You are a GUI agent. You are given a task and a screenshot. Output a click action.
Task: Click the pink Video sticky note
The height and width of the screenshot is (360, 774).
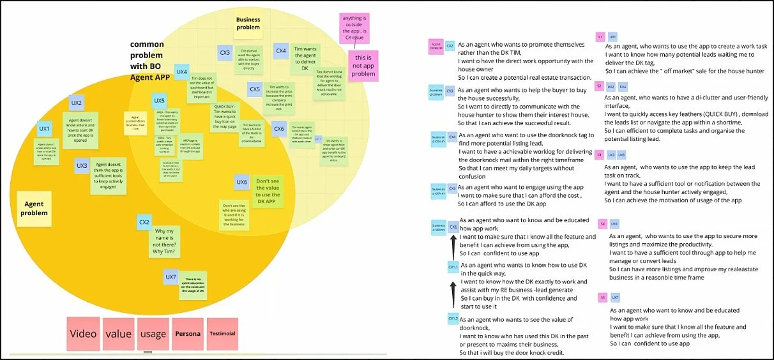click(x=83, y=334)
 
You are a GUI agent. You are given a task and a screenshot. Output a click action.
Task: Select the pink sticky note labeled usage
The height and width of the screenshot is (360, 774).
click(x=152, y=334)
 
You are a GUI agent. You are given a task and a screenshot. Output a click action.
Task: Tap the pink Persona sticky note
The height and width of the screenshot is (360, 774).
click(x=188, y=334)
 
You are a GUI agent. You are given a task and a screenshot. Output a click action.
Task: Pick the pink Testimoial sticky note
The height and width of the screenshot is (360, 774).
click(x=222, y=334)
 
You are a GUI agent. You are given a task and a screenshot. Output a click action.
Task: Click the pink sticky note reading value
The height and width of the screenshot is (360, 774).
click(x=118, y=334)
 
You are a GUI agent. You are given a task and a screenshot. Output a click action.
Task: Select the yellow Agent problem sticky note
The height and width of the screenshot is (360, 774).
click(x=34, y=209)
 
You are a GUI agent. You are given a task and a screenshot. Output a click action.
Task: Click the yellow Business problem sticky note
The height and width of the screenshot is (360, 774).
click(x=248, y=24)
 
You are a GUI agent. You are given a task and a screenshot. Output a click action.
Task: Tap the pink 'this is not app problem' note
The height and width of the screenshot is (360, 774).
click(x=363, y=66)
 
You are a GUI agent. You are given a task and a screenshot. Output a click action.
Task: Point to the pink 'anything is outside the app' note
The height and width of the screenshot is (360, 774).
click(x=355, y=29)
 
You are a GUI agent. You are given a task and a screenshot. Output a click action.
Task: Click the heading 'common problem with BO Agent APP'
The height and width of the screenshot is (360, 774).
click(x=147, y=57)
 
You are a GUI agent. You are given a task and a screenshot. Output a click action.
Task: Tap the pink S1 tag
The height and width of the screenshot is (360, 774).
click(x=600, y=37)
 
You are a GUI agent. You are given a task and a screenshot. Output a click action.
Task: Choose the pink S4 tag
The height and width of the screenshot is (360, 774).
click(x=602, y=224)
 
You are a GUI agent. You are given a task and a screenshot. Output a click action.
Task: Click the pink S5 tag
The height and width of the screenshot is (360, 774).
click(x=602, y=297)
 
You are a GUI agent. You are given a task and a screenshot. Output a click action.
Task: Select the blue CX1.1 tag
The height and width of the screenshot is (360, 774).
click(x=453, y=267)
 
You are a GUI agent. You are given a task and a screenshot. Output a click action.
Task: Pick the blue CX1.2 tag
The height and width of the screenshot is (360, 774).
click(x=453, y=317)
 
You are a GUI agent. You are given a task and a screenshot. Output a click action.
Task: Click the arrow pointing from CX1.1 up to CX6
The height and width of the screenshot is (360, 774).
click(x=453, y=245)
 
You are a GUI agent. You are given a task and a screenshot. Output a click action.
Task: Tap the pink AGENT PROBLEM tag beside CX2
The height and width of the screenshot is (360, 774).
click(x=436, y=45)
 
